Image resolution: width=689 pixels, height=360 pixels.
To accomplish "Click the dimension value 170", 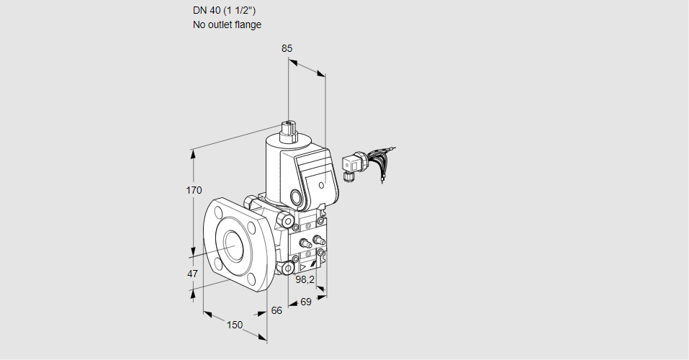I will (x=194, y=191).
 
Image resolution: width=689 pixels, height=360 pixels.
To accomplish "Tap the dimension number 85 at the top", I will (x=287, y=49).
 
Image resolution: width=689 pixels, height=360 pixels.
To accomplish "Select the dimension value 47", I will (x=192, y=274).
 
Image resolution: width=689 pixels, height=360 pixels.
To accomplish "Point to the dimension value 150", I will (x=235, y=325).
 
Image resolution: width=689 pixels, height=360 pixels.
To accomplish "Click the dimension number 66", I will (x=276, y=310).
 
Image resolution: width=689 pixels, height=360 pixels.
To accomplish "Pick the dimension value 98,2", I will (x=306, y=279).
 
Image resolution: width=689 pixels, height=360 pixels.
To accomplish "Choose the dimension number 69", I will (x=305, y=302).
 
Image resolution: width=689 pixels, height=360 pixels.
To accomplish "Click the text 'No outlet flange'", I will (x=227, y=24).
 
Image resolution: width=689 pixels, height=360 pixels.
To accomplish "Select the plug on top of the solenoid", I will (x=289, y=130).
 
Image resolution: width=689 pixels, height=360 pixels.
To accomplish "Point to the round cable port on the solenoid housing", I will (x=296, y=196).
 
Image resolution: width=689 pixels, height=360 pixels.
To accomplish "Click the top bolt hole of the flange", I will (x=218, y=211).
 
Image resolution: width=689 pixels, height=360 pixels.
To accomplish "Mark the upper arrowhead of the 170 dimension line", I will (x=193, y=152).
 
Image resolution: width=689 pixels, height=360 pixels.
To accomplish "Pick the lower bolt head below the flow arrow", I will (x=288, y=269).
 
